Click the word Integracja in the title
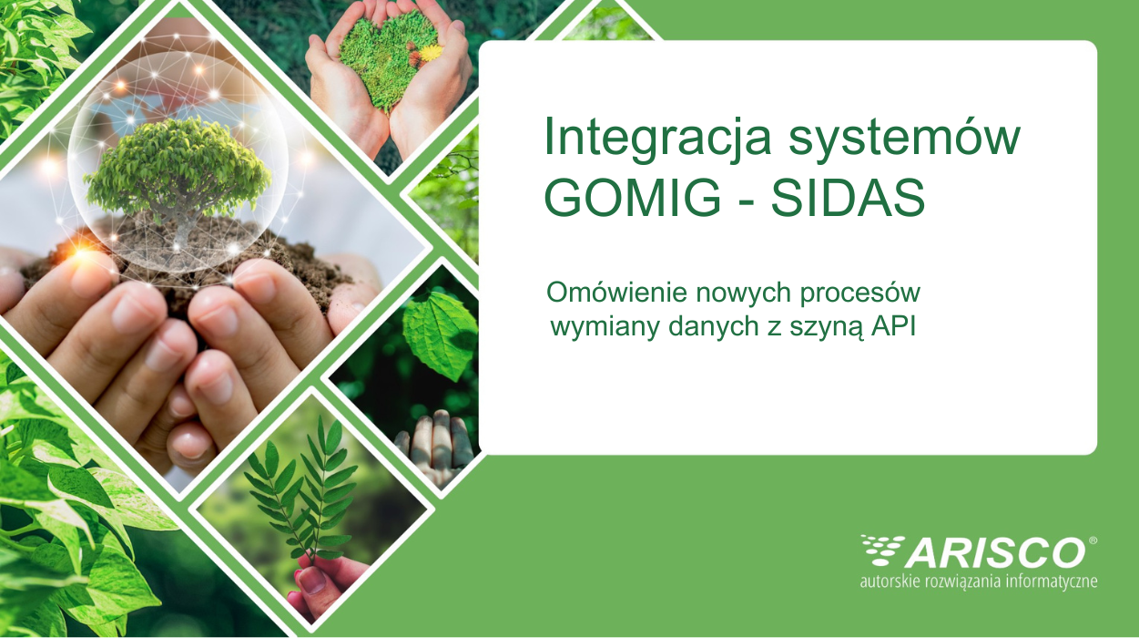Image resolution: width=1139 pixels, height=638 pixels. (x=657, y=139)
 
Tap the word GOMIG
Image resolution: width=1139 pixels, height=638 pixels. (x=632, y=198)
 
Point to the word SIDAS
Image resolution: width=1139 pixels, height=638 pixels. (x=848, y=198)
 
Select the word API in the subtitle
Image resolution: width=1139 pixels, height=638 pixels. (x=893, y=326)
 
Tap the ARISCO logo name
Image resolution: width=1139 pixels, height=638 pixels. (x=995, y=553)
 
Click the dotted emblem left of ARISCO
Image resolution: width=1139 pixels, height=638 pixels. (x=881, y=550)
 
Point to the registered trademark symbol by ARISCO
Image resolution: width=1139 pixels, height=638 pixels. (x=1092, y=540)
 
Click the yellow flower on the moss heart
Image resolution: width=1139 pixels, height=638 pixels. (x=432, y=51)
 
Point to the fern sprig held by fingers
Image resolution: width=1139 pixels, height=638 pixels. (x=303, y=488)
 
